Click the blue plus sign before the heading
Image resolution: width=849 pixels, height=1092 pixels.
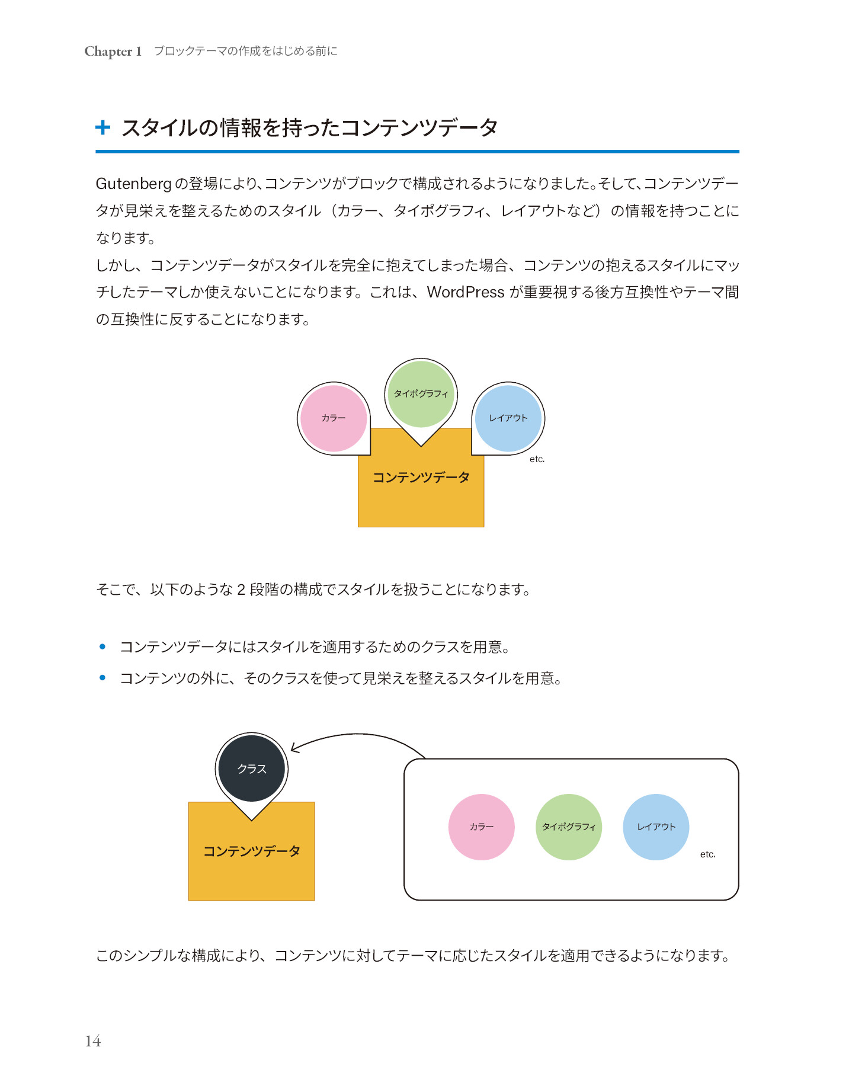point(103,127)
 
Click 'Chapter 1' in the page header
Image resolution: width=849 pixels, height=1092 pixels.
point(113,52)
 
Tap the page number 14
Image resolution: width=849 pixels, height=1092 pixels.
point(93,1041)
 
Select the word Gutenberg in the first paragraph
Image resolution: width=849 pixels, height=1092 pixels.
point(133,184)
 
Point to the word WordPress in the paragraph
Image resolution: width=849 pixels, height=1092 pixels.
point(466,292)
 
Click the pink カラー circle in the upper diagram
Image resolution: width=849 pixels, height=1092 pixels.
point(334,418)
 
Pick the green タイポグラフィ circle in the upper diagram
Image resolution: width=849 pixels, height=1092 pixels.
point(421,394)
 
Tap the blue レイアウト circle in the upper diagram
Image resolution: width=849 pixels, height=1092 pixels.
point(508,418)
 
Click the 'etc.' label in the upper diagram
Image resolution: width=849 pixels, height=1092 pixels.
point(537,459)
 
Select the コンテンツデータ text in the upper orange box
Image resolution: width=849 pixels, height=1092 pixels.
point(421,478)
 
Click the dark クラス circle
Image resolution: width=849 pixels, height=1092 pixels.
point(252,768)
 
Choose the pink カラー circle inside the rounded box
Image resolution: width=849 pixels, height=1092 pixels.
point(482,827)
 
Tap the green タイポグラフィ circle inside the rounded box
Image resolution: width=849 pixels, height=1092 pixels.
point(569,827)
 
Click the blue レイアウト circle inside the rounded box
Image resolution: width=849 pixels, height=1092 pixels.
point(656,827)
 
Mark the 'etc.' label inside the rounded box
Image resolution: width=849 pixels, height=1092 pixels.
point(708,854)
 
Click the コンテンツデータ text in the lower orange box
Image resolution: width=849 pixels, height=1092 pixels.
point(252,851)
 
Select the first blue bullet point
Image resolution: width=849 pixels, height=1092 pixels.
point(102,646)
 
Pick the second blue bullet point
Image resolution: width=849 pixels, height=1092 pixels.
point(102,678)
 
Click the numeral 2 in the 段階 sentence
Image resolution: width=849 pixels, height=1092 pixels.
point(241,590)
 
